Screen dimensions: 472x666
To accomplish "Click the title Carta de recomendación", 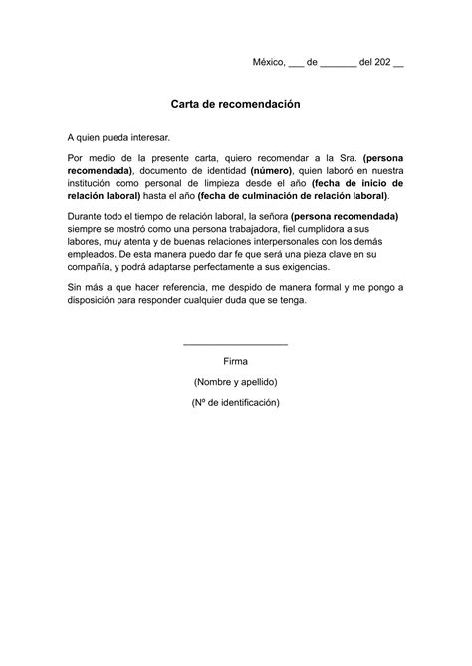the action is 235,104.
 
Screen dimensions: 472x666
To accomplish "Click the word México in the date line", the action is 267,62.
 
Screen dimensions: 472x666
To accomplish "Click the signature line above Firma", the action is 236,344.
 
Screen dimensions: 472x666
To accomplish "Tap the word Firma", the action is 236,361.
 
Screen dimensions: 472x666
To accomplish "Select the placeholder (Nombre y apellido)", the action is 236,382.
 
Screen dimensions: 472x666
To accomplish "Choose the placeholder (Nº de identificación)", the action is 236,402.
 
